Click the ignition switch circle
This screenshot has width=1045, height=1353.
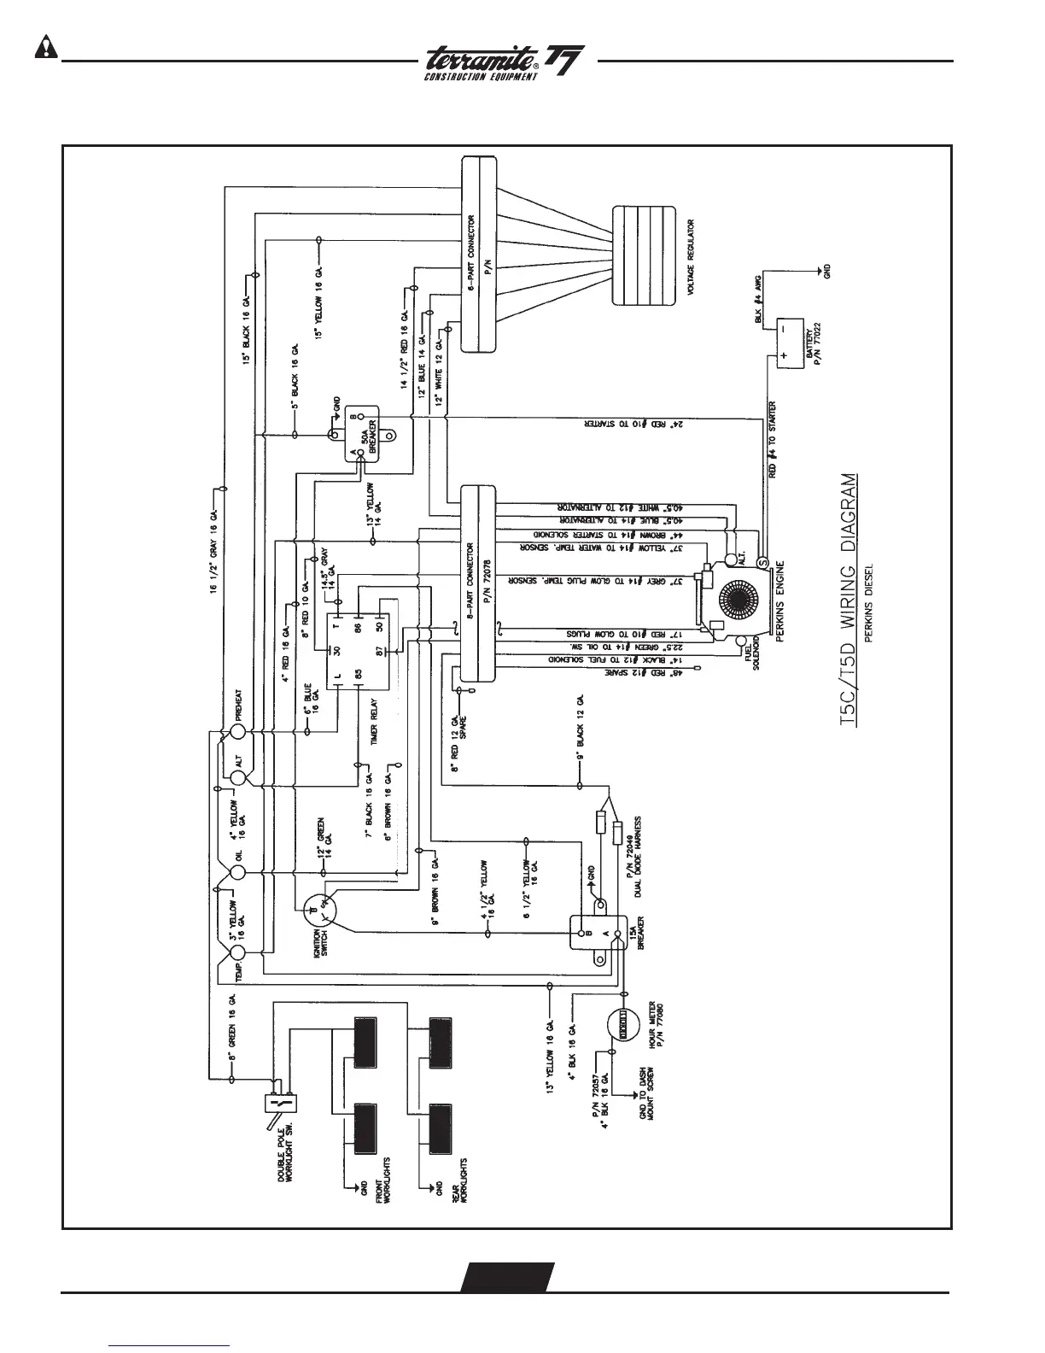pyautogui.click(x=320, y=910)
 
